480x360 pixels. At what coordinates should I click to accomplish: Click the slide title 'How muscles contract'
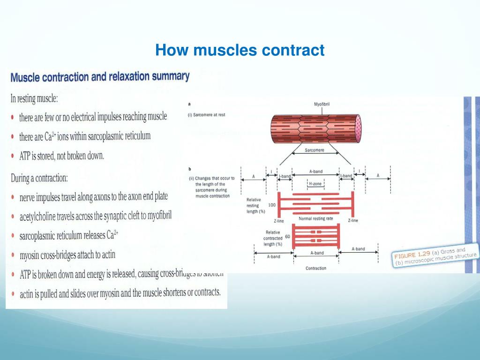coord(240,50)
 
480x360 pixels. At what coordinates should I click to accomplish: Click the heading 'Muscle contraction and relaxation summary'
coord(100,76)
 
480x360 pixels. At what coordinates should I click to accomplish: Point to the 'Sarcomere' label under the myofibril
coord(315,150)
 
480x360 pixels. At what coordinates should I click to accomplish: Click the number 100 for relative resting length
coord(272,205)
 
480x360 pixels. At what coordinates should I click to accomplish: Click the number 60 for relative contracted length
coord(287,237)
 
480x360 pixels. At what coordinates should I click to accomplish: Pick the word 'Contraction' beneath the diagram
coord(315,268)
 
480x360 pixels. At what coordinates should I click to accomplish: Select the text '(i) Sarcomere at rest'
coord(206,114)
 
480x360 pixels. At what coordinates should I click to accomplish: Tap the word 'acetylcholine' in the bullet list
coord(40,216)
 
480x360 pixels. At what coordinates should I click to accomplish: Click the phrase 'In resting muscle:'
coord(38,99)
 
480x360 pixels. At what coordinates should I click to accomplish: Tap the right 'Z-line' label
coord(353,220)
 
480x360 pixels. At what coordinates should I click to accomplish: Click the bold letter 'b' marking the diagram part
coord(188,168)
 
